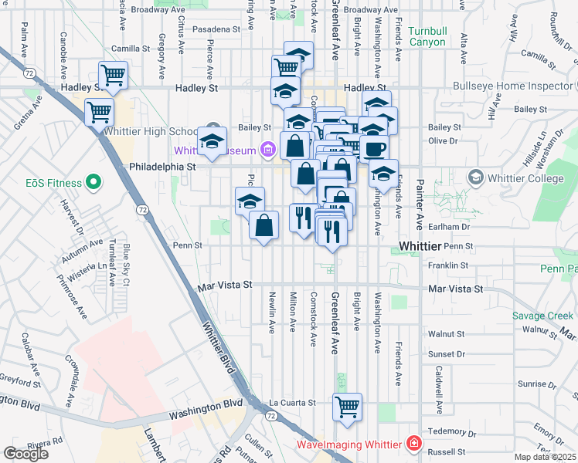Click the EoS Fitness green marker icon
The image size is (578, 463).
93,182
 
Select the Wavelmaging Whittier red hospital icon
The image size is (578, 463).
415,444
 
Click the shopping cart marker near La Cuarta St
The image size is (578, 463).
347,406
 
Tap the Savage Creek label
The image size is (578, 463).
543,316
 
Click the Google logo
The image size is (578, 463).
25,453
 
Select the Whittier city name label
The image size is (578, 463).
420,245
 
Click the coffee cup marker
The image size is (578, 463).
375,149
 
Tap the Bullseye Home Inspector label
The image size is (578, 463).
512,86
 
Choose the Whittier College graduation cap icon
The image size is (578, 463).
475,178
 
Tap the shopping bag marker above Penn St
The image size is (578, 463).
264,225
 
